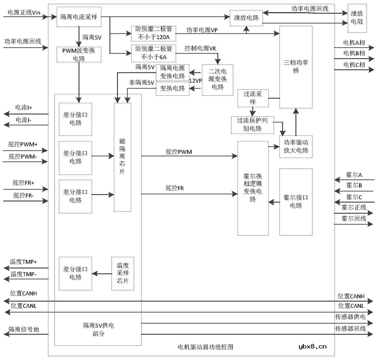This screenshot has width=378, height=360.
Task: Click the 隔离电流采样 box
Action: pos(79,16)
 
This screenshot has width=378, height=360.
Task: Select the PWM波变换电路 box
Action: pos(79,54)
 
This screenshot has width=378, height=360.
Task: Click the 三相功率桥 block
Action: pos(295,67)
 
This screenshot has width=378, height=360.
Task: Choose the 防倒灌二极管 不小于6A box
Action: pos(153,53)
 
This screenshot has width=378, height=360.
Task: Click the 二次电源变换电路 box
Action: pos(217,80)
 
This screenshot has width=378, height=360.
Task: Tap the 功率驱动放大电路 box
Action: pos(296,146)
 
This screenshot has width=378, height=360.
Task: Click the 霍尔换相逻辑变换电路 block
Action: pos(253,188)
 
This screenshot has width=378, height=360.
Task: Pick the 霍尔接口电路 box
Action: pos(296,202)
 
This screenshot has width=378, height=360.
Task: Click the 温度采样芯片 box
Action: pos(122,274)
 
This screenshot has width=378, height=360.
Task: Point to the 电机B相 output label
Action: pos(354,53)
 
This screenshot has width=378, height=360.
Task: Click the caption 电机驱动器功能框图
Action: pos(205,347)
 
